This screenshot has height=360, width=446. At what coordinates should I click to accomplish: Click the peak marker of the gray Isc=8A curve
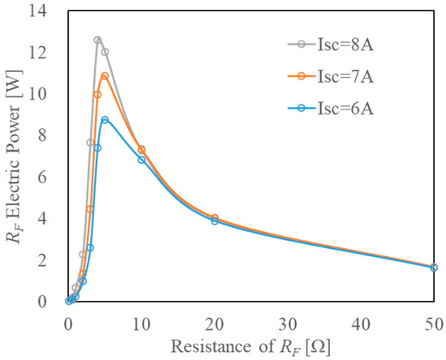pos(97,40)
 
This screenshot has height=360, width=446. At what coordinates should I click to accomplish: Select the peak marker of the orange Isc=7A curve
pos(105,76)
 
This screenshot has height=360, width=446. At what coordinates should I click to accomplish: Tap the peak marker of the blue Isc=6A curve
pos(105,120)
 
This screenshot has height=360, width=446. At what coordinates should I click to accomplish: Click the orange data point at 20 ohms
pos(215,218)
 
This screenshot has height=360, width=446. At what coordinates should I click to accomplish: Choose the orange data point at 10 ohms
pos(142,150)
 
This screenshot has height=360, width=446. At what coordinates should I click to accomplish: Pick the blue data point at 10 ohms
pos(142,160)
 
